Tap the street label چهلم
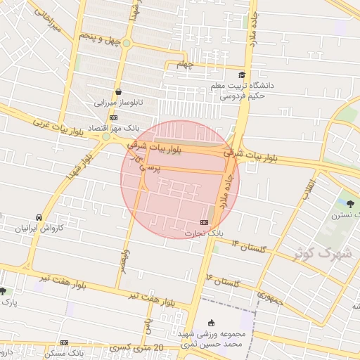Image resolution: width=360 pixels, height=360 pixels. (x=184, y=65)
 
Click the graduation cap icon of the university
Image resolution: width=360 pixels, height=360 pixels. (x=242, y=75)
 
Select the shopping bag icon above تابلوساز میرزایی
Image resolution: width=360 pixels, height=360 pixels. (x=118, y=91)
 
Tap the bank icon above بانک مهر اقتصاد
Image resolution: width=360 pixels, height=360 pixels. (x=113, y=117)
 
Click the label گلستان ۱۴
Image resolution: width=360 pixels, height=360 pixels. (x=246, y=246)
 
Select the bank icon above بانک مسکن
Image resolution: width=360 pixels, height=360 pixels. (x=64, y=343)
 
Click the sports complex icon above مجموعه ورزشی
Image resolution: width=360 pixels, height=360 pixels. (x=212, y=322)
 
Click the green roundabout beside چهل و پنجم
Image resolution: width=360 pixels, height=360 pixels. (x=127, y=44)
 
